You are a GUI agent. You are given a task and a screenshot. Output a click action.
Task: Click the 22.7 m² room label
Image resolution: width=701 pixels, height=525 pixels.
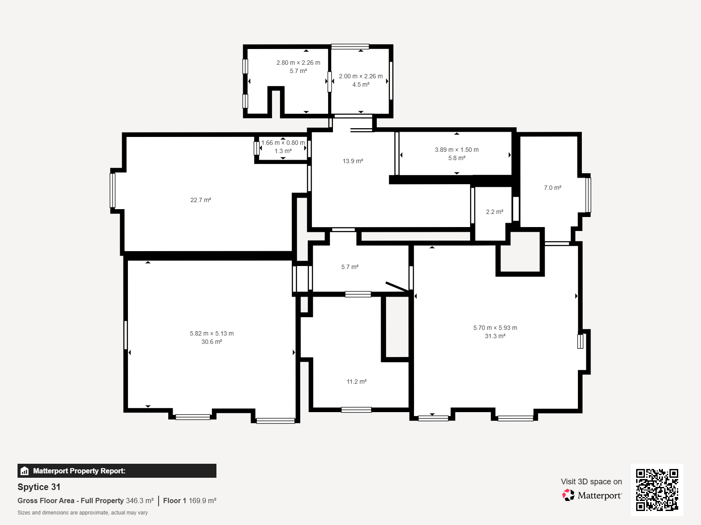(201, 200)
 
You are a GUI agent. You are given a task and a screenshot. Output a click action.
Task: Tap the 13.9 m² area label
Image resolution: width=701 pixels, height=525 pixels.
(353, 161)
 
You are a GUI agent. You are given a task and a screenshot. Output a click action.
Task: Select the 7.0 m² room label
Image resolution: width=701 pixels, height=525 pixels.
(552, 188)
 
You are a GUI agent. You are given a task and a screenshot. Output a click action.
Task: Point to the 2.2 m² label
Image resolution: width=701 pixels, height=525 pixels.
(495, 212)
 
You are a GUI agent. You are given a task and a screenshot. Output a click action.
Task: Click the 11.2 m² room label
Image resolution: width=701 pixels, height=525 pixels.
(356, 381)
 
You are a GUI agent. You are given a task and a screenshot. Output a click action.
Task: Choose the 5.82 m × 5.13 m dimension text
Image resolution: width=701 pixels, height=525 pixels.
(212, 333)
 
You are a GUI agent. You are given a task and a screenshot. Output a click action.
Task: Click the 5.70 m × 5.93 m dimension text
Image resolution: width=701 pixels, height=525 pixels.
(495, 328)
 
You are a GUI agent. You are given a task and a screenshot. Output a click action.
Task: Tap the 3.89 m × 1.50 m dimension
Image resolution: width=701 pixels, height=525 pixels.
(457, 150)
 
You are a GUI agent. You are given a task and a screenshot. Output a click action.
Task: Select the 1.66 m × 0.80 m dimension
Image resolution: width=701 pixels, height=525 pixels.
(283, 143)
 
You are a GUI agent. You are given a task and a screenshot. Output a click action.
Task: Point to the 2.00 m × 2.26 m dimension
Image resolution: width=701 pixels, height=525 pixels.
(361, 77)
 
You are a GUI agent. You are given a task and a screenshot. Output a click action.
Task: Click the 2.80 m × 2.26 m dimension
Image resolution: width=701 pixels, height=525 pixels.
(298, 63)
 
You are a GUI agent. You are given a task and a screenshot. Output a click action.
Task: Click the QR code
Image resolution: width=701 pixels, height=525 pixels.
(657, 490)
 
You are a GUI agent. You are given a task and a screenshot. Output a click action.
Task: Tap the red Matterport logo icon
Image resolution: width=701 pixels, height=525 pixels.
(568, 495)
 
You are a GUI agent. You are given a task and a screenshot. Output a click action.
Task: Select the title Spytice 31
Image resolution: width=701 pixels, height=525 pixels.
(39, 487)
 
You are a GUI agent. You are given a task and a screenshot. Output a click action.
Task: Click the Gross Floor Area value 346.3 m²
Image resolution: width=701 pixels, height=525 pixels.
(140, 501)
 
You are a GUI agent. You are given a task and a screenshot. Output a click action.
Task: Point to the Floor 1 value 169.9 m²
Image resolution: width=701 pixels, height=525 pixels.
(202, 501)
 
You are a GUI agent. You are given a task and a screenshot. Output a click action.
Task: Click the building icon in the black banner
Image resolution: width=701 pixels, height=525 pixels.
(25, 471)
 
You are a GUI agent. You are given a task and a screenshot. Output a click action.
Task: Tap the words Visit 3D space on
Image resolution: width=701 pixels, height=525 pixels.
(591, 482)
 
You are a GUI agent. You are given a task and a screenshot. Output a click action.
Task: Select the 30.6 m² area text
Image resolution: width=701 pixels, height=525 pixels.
(212, 342)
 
